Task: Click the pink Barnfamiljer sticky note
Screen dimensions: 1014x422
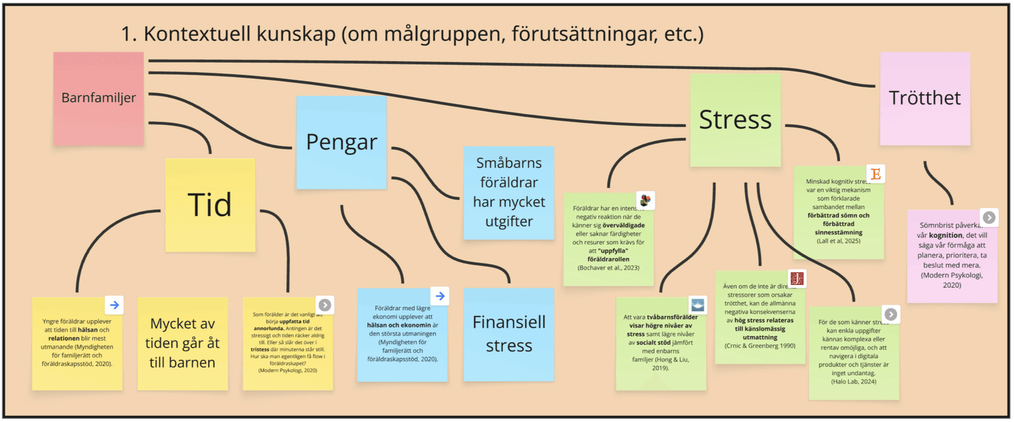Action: pyautogui.click(x=98, y=98)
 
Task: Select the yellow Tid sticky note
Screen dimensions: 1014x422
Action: pyautogui.click(x=210, y=205)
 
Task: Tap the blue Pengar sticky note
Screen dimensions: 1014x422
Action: pyautogui.click(x=341, y=142)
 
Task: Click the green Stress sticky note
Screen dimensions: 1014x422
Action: pyautogui.click(x=735, y=120)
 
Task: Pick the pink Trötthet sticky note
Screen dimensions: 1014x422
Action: pyautogui.click(x=925, y=98)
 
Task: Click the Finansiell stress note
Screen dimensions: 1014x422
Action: pyautogui.click(x=509, y=334)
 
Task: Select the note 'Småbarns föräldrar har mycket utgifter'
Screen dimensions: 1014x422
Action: pyautogui.click(x=509, y=192)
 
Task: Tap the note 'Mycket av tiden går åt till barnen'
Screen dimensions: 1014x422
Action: pyautogui.click(x=183, y=343)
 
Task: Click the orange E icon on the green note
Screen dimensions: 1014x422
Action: pyautogui.click(x=876, y=174)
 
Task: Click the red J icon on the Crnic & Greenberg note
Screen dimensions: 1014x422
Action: pyautogui.click(x=797, y=278)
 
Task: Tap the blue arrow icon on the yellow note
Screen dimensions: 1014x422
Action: pyautogui.click(x=115, y=305)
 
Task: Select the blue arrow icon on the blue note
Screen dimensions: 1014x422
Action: pyautogui.click(x=440, y=296)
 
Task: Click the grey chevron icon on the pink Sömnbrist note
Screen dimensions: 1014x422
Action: pyautogui.click(x=989, y=218)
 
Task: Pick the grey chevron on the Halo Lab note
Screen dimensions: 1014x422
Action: pyautogui.click(x=890, y=314)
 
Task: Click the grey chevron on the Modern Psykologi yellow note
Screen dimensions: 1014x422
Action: pyautogui.click(x=324, y=305)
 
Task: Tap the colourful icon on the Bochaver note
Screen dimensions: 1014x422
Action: pyautogui.click(x=645, y=200)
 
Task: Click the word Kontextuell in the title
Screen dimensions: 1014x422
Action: pyautogui.click(x=197, y=34)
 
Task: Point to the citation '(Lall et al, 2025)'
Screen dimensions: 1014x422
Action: pyautogui.click(x=838, y=241)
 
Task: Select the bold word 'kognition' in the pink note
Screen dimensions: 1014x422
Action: pyautogui.click(x=946, y=235)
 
